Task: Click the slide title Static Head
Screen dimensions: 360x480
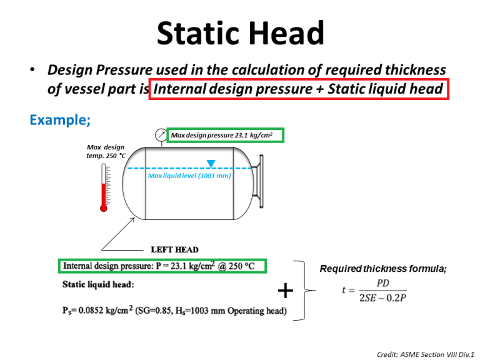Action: (x=241, y=33)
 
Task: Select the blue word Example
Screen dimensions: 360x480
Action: (x=60, y=119)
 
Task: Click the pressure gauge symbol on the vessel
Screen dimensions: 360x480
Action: (x=160, y=135)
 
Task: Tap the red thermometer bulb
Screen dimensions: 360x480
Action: (x=104, y=208)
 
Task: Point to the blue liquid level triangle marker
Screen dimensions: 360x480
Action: (x=211, y=164)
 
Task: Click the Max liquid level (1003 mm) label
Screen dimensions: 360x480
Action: (x=189, y=176)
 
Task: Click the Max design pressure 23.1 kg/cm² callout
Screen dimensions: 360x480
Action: (x=226, y=134)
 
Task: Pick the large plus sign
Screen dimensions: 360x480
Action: (x=284, y=290)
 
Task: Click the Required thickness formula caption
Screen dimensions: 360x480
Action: (x=383, y=269)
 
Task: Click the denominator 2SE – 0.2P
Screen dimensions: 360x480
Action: (x=382, y=297)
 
